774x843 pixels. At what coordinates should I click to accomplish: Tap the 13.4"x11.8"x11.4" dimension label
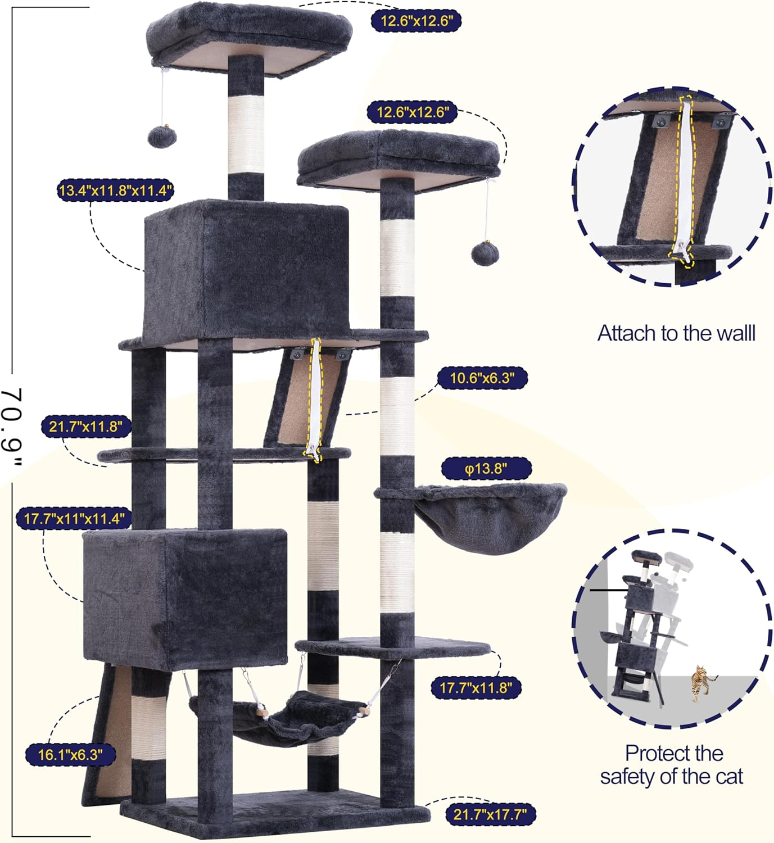[115, 191]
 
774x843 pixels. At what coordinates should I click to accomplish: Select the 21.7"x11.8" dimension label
[85, 427]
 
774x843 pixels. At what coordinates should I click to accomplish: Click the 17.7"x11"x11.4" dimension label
[74, 518]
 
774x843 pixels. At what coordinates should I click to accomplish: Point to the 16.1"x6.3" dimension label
[70, 755]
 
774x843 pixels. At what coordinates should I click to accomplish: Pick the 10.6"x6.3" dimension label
[481, 378]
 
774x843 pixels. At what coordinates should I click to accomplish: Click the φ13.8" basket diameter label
[486, 469]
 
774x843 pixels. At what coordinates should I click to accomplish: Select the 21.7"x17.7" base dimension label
[490, 815]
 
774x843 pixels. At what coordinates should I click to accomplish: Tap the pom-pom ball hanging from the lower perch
[485, 253]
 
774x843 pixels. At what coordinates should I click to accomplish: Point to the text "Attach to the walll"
[676, 333]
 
